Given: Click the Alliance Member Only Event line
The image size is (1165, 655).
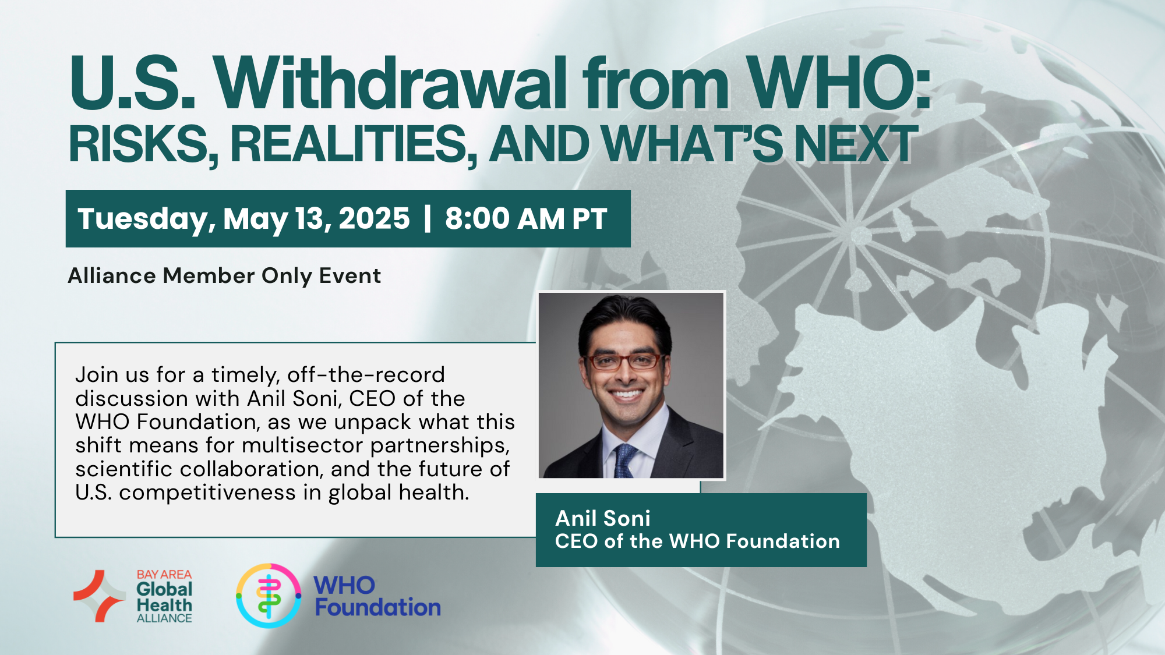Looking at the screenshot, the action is pos(224,276).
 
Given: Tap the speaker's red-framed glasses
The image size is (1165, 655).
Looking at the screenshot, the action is pos(626,362).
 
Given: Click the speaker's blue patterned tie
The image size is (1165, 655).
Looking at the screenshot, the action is pos(625,461).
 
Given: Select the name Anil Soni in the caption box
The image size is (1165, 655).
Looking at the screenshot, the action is pos(603,518).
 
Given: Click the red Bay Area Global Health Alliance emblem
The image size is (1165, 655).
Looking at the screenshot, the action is pos(98,596).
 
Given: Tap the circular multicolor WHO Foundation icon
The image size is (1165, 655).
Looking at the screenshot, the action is pos(269,596).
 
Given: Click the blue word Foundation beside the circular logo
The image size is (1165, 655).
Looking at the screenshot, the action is pos(378,608).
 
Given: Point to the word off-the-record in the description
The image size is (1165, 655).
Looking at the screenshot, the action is pos(366,374).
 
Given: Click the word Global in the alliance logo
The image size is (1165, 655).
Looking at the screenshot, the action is pos(164,589).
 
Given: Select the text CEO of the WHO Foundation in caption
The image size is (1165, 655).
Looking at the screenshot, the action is pos(697,541).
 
